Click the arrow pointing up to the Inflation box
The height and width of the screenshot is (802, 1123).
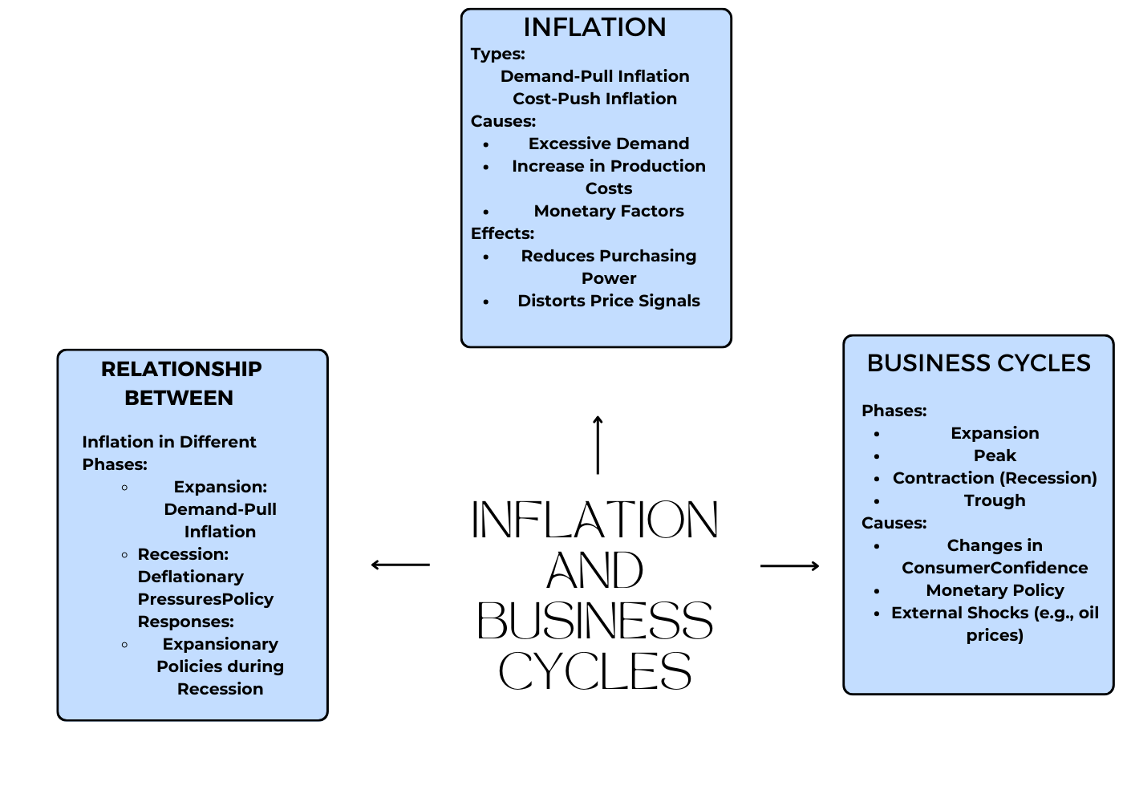tap(598, 445)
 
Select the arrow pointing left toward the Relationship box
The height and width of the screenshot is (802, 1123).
tap(400, 565)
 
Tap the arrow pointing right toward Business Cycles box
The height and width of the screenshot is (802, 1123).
tap(789, 566)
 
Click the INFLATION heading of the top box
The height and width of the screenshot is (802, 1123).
tap(594, 27)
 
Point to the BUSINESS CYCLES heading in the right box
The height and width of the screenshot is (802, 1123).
tap(979, 363)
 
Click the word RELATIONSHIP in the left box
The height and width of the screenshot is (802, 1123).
tap(181, 369)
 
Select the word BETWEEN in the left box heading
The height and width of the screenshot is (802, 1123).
tap(179, 398)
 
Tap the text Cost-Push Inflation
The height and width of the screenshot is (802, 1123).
tap(594, 99)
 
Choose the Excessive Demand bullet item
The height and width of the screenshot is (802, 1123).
tap(609, 144)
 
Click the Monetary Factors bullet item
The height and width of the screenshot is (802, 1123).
tap(609, 211)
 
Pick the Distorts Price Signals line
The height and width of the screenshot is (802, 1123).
tap(609, 301)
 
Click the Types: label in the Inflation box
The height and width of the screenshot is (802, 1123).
tap(497, 54)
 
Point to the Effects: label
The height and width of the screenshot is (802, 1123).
tap(502, 233)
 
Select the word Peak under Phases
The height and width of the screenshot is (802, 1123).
tap(995, 456)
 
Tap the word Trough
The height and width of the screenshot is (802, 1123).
tap(995, 500)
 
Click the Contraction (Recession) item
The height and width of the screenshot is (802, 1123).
tap(995, 478)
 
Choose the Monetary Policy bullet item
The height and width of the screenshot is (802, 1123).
tap(995, 590)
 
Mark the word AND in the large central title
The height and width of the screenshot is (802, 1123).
tap(594, 571)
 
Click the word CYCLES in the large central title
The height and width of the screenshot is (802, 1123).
tap(594, 672)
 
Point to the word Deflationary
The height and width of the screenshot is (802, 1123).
tap(190, 577)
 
